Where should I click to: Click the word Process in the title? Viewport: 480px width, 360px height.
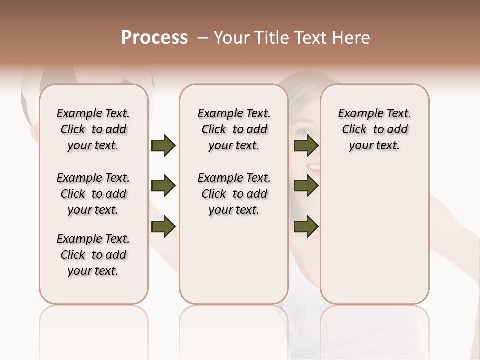(154, 38)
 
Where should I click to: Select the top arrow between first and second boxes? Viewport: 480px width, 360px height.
(163, 146)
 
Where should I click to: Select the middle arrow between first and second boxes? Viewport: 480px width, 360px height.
(163, 186)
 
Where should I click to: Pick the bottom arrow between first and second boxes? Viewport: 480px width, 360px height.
(163, 227)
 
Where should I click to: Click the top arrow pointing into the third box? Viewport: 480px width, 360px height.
(306, 146)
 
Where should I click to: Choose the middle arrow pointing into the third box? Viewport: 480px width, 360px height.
(306, 186)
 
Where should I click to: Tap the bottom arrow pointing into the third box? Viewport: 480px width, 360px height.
(306, 227)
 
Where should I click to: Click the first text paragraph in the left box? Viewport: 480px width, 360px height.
(93, 129)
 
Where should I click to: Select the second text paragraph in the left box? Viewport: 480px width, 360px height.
(93, 194)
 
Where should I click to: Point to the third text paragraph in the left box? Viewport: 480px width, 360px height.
(93, 255)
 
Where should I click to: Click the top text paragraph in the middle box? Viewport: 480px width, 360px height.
(234, 129)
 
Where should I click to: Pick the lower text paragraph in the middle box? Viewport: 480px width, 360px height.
(234, 194)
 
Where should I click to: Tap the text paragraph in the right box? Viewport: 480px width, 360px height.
(375, 129)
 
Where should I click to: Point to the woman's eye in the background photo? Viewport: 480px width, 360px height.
(301, 133)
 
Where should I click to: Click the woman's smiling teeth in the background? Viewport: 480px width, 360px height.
(313, 167)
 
